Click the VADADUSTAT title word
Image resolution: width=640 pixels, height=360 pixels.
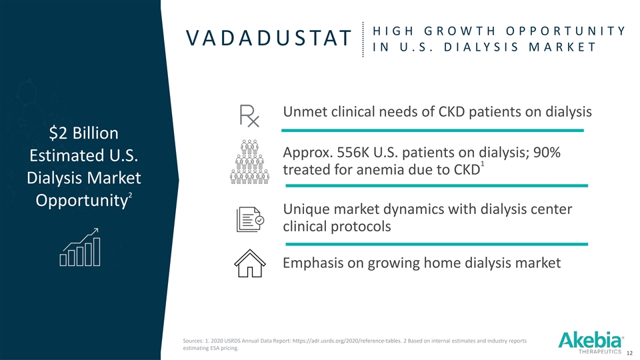269,38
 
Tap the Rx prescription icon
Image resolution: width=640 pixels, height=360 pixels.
249,115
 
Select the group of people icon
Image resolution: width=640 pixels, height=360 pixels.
249,161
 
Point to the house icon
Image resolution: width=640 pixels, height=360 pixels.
250,263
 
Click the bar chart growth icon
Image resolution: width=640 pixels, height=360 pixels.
80,247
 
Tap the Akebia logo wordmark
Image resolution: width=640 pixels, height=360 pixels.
590,340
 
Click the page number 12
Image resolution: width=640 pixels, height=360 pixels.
629,353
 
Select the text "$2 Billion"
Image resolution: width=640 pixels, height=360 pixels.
84,133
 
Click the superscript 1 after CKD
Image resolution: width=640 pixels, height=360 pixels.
482,165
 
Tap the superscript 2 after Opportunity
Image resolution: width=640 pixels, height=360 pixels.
130,195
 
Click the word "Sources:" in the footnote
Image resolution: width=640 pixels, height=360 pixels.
193,341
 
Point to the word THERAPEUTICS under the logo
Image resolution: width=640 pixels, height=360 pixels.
600,351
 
